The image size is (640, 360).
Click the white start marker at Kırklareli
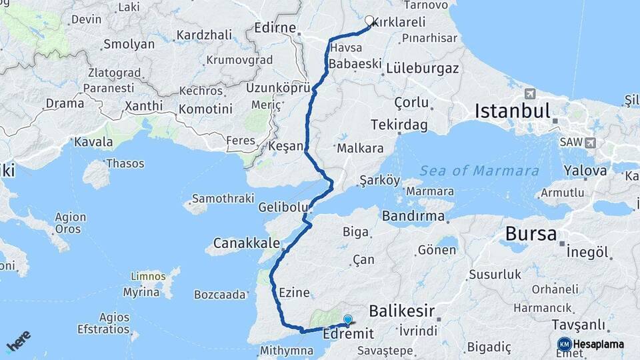pyautogui.click(x=369, y=20)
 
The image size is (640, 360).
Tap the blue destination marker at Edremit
pyautogui.click(x=347, y=320)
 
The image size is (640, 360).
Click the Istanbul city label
pyautogui.click(x=512, y=111)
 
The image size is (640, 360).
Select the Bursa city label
pyautogui.click(x=531, y=234)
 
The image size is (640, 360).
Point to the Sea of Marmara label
pyautogui.click(x=479, y=171)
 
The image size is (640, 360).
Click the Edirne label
pyautogui.click(x=275, y=29)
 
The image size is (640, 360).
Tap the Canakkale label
pyautogui.click(x=246, y=242)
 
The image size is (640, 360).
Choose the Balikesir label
pyautogui.click(x=401, y=311)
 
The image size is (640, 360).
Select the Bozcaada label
pyautogui.click(x=220, y=294)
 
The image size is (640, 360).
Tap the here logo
pyautogui.click(x=18, y=341)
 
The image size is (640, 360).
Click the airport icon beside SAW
pyautogui.click(x=591, y=143)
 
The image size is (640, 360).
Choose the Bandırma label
pyautogui.click(x=413, y=216)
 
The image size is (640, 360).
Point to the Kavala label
pyautogui.click(x=93, y=142)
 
